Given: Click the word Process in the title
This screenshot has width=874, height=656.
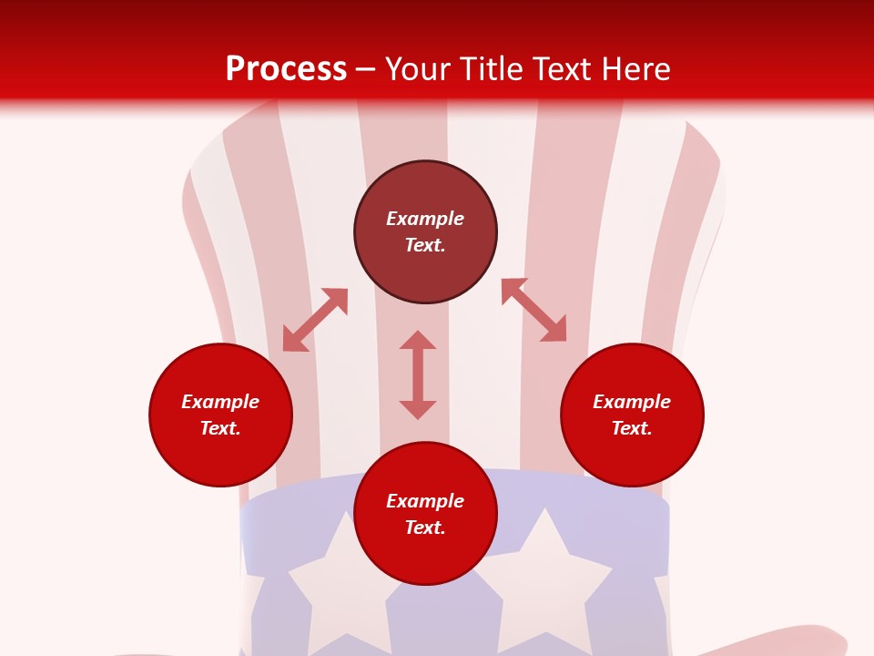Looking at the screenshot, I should (x=286, y=69).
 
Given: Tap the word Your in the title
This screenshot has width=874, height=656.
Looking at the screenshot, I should (x=421, y=69).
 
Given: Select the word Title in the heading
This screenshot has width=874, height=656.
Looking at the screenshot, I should (x=493, y=69).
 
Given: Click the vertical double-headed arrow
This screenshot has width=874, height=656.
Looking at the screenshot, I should (x=418, y=374).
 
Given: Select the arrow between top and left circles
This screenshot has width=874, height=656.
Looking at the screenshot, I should (x=315, y=320).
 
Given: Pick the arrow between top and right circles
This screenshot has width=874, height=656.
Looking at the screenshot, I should (x=534, y=310).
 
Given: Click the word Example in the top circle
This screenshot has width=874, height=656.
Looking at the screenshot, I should (x=425, y=219).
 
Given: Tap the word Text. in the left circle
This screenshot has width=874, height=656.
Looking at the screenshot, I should (x=220, y=428).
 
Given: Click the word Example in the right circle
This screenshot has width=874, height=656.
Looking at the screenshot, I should (x=632, y=402).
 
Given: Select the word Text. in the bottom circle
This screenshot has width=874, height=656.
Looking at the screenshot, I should (x=425, y=528).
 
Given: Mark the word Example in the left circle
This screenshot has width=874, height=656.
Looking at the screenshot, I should (x=220, y=402).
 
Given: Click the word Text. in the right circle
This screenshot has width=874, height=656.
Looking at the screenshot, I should (x=632, y=428).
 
